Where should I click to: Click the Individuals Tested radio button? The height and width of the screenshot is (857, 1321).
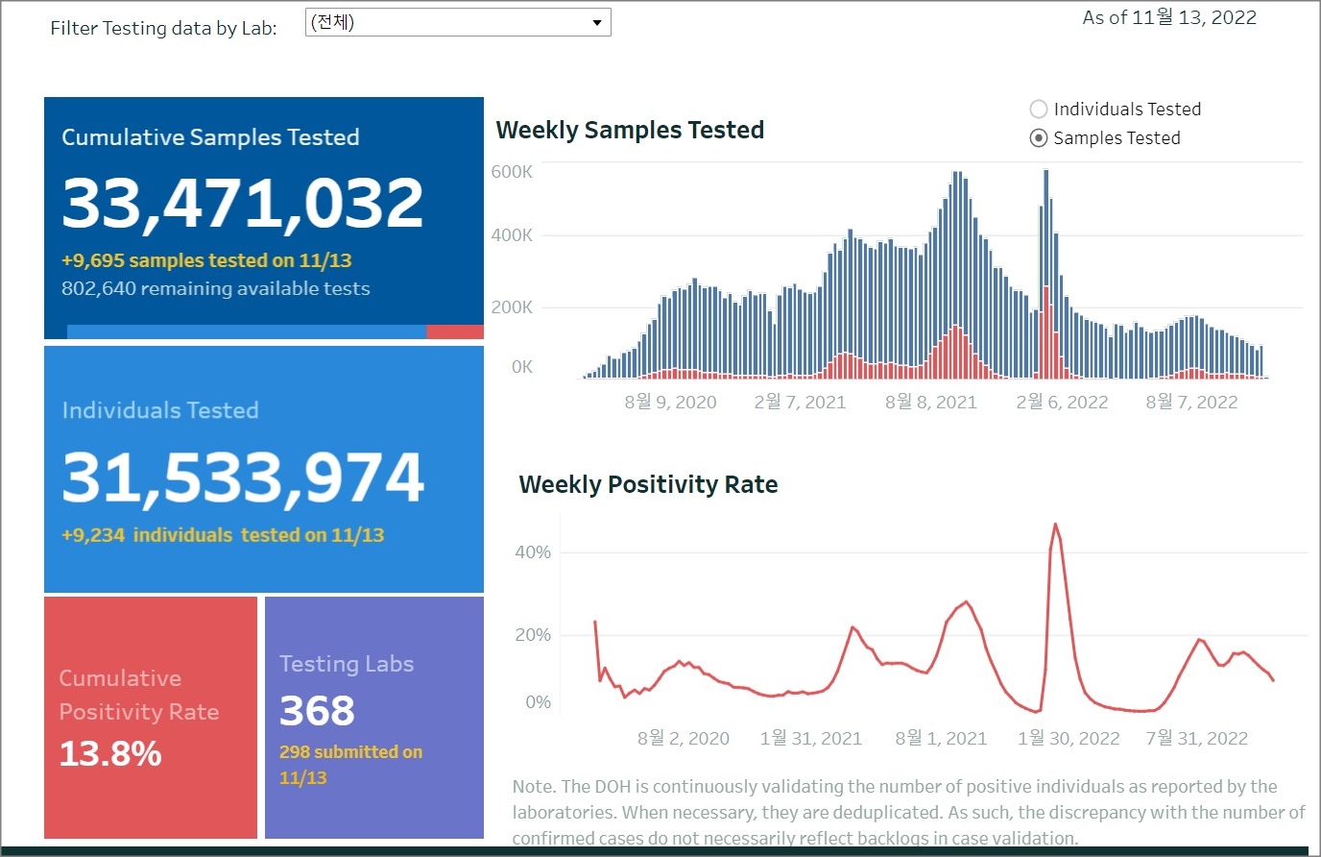tap(1039, 110)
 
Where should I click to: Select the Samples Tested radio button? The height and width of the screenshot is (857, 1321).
tap(1039, 138)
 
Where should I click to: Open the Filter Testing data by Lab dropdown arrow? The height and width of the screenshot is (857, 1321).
tap(596, 23)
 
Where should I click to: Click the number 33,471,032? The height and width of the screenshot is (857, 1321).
tap(243, 204)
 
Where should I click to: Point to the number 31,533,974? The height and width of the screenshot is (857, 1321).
tap(243, 477)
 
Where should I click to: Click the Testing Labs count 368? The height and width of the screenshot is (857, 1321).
tap(317, 711)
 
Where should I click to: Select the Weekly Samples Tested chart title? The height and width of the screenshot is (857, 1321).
tap(630, 131)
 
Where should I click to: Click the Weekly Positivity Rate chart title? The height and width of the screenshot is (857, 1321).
tap(648, 485)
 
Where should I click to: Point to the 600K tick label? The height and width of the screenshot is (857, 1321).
tap(512, 172)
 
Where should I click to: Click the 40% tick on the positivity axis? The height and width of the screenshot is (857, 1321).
tap(533, 552)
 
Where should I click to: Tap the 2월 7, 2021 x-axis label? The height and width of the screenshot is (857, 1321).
tap(800, 403)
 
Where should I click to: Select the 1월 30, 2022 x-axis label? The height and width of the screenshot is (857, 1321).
tap(1069, 739)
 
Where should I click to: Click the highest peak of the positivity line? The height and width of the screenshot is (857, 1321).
tap(1055, 525)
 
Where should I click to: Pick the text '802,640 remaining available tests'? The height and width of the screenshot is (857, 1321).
tap(215, 289)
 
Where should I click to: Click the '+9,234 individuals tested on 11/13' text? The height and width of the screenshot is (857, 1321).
tap(223, 535)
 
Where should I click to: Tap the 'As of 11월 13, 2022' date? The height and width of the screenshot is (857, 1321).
tap(1169, 18)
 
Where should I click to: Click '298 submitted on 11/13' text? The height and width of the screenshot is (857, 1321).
tap(350, 765)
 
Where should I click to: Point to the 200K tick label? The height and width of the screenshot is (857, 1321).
tap(512, 307)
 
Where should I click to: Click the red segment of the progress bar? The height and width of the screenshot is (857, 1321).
tap(454, 332)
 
